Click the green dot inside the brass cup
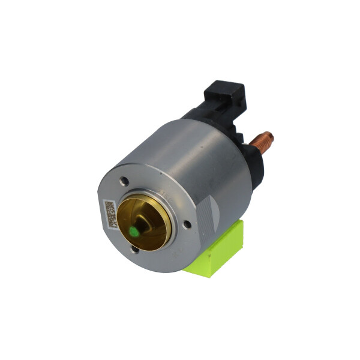click(133, 229)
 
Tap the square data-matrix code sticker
click(109, 214)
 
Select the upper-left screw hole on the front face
click(124, 180)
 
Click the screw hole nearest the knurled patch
click(187, 224)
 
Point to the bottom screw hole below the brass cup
click(136, 251)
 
